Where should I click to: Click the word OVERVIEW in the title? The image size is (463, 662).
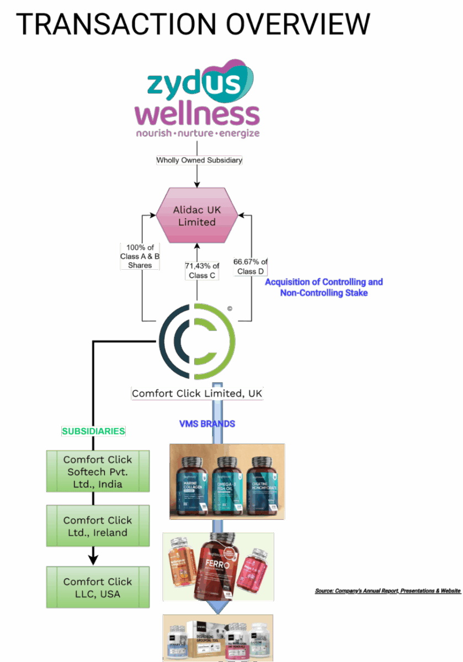click(298, 25)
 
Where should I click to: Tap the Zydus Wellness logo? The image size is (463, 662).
click(198, 102)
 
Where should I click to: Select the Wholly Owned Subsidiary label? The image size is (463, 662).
click(199, 161)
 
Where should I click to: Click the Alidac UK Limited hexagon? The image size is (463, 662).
click(197, 216)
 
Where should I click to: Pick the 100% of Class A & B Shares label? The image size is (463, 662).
click(140, 257)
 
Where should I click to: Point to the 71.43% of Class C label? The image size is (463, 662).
click(201, 270)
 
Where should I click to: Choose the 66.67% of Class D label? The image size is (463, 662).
click(250, 266)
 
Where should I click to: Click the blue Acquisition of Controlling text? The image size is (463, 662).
click(323, 282)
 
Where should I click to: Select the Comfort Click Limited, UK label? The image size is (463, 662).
click(197, 393)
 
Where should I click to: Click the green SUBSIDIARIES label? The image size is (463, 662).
click(93, 431)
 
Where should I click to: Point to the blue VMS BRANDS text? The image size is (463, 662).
click(207, 424)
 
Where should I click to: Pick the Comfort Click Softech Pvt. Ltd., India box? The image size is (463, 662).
click(98, 472)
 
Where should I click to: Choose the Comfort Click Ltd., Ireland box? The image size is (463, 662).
click(98, 526)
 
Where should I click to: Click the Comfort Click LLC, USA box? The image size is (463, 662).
click(98, 588)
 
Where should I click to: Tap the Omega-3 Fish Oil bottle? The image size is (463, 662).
click(228, 485)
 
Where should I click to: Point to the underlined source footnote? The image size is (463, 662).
click(387, 591)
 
